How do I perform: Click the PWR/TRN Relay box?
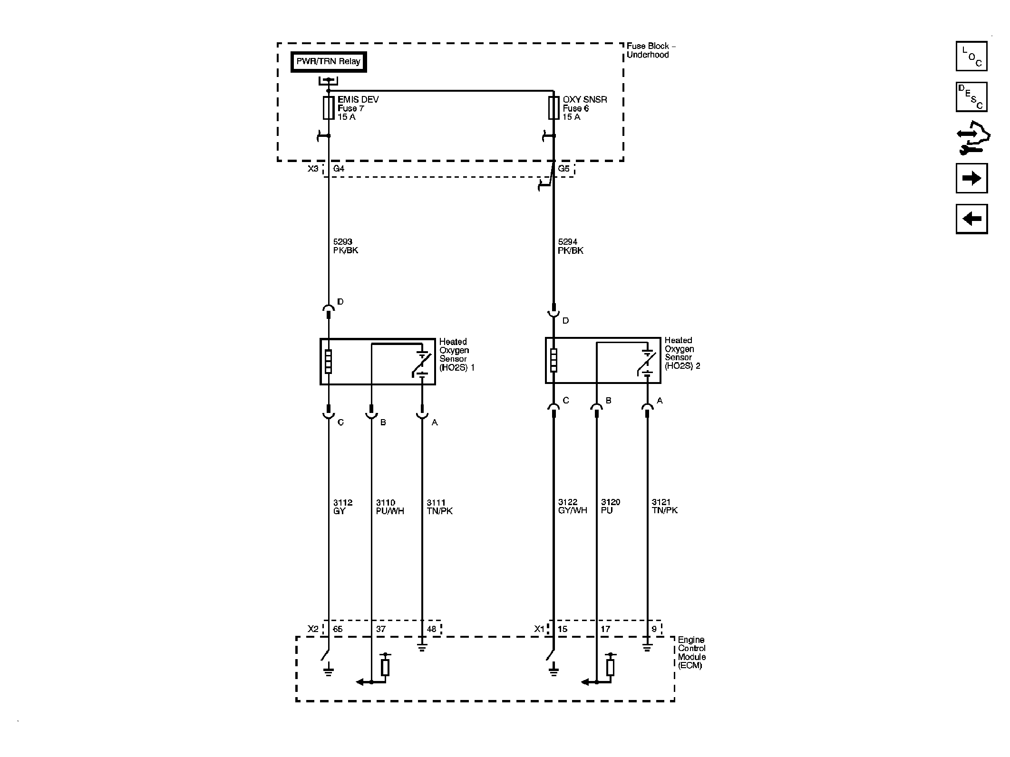pos(329,62)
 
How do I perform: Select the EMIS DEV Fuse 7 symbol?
pos(329,108)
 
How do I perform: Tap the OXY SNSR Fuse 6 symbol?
pos(554,108)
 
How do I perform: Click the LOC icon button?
pos(971,56)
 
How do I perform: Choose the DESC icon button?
pos(971,97)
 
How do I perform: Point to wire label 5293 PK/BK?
pos(346,246)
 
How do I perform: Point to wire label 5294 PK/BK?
pos(571,246)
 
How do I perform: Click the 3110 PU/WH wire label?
pos(390,507)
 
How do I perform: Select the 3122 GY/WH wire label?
pos(573,507)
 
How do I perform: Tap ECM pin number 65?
pos(338,629)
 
